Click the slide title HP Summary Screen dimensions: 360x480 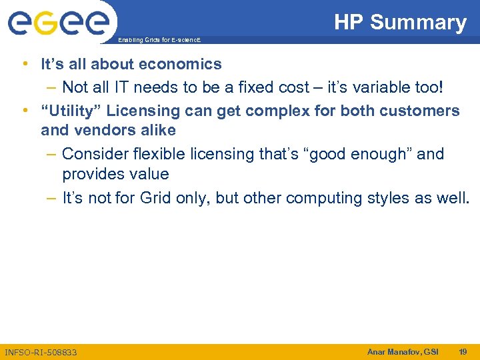(x=400, y=22)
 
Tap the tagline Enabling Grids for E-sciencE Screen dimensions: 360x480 (x=159, y=41)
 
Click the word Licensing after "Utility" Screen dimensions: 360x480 (x=139, y=111)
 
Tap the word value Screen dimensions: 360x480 (x=151, y=175)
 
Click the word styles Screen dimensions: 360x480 (x=397, y=198)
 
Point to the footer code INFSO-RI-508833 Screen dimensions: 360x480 (x=41, y=352)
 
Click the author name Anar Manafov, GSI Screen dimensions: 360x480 (x=403, y=351)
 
